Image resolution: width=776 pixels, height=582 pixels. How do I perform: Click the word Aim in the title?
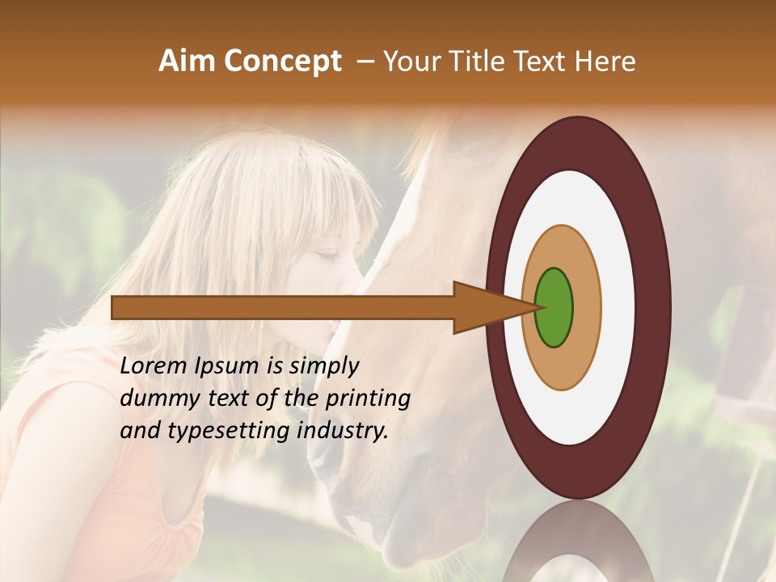(185, 61)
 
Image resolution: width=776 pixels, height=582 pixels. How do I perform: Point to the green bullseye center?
(554, 307)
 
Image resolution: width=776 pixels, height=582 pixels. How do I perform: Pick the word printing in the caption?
(368, 399)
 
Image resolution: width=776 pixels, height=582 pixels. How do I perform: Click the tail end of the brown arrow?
(115, 307)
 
